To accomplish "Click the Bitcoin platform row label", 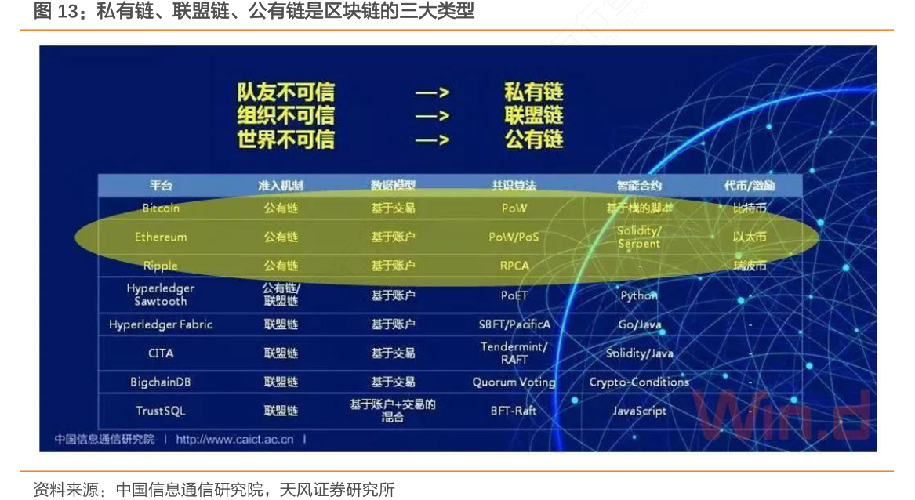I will coord(161,208).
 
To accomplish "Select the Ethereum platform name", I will coord(161,237).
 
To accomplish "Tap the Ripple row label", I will coord(161,266).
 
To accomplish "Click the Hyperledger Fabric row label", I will coord(161,324).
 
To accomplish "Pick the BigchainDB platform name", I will coord(161,382).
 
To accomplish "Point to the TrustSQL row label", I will coord(161,411).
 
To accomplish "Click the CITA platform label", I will coord(161,353).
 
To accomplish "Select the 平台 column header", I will coord(161,186).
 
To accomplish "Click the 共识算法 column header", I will coord(514,186).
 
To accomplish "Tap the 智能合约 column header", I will coord(639,186).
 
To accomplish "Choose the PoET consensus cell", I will coord(514,295).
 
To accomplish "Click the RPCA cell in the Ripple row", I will coord(514,266).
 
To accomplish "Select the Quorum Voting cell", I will coord(514,382).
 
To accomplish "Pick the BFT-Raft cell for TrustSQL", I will coord(514,411).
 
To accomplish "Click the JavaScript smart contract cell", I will coord(639,411).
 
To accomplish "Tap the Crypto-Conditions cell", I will coord(639,382).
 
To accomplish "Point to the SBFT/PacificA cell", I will coord(514,324).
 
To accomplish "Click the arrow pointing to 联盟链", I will coord(432,116).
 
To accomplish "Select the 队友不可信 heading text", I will coord(285,92).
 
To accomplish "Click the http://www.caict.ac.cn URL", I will coord(234,440).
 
